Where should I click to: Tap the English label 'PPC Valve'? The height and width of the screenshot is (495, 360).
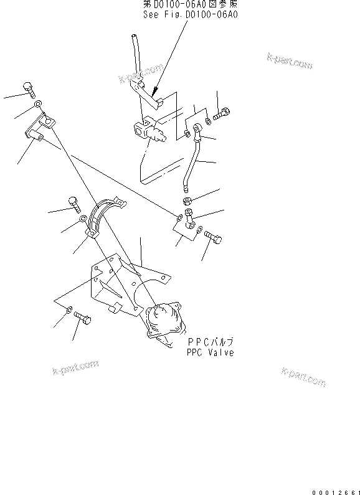point(210,352)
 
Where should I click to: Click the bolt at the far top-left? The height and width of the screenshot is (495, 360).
point(29,88)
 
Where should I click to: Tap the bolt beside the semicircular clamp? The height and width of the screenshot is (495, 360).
point(73,203)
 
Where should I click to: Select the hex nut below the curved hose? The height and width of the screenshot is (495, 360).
point(187,200)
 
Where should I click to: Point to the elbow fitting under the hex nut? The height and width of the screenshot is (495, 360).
point(189,217)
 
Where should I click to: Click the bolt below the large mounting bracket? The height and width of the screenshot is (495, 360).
point(84,320)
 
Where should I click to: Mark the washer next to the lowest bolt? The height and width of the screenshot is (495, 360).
point(69,309)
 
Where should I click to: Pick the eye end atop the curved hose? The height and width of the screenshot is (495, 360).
point(197,130)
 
